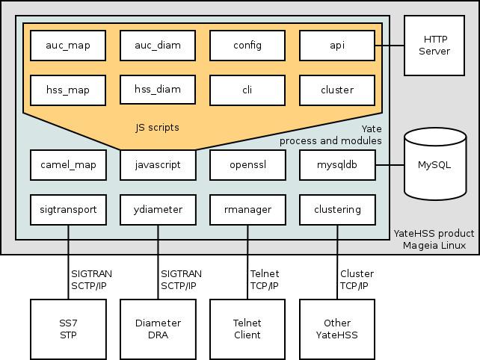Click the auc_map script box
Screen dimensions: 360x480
coord(68,46)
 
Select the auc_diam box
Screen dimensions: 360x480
coord(158,46)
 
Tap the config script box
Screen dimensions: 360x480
coord(247,46)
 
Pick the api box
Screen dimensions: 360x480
coord(337,46)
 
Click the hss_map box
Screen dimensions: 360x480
coord(68,90)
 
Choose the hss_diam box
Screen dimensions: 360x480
coord(158,90)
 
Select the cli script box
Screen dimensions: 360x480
coord(247,90)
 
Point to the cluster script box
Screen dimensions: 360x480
coord(337,90)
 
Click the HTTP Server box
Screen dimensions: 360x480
coord(434,46)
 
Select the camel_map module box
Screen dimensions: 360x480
coord(68,165)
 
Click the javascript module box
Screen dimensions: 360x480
coord(158,165)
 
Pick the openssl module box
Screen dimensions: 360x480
coord(247,165)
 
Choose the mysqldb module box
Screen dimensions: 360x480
coord(337,165)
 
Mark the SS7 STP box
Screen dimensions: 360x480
coord(68,329)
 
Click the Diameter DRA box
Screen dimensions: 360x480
coord(158,329)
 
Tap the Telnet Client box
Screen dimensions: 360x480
coord(247,329)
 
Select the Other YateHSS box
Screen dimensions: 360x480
coord(337,329)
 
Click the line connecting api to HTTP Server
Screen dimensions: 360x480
coord(390,46)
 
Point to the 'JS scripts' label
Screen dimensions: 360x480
coord(157,128)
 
